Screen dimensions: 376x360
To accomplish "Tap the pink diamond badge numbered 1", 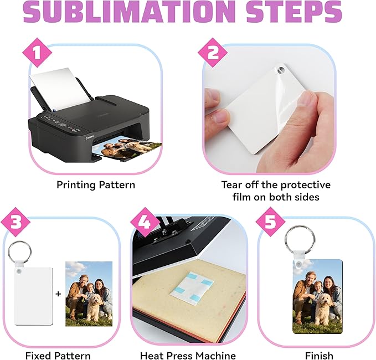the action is tap(37, 52).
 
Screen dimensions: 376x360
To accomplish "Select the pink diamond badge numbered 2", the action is tap(213, 52).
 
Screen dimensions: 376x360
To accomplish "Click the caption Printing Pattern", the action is tap(96, 185).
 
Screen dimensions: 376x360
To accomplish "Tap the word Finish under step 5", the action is tap(319, 355).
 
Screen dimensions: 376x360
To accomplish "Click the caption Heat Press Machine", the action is tap(188, 355).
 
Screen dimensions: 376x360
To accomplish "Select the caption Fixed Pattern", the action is tap(58, 355).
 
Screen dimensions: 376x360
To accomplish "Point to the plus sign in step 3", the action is tap(58, 294).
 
